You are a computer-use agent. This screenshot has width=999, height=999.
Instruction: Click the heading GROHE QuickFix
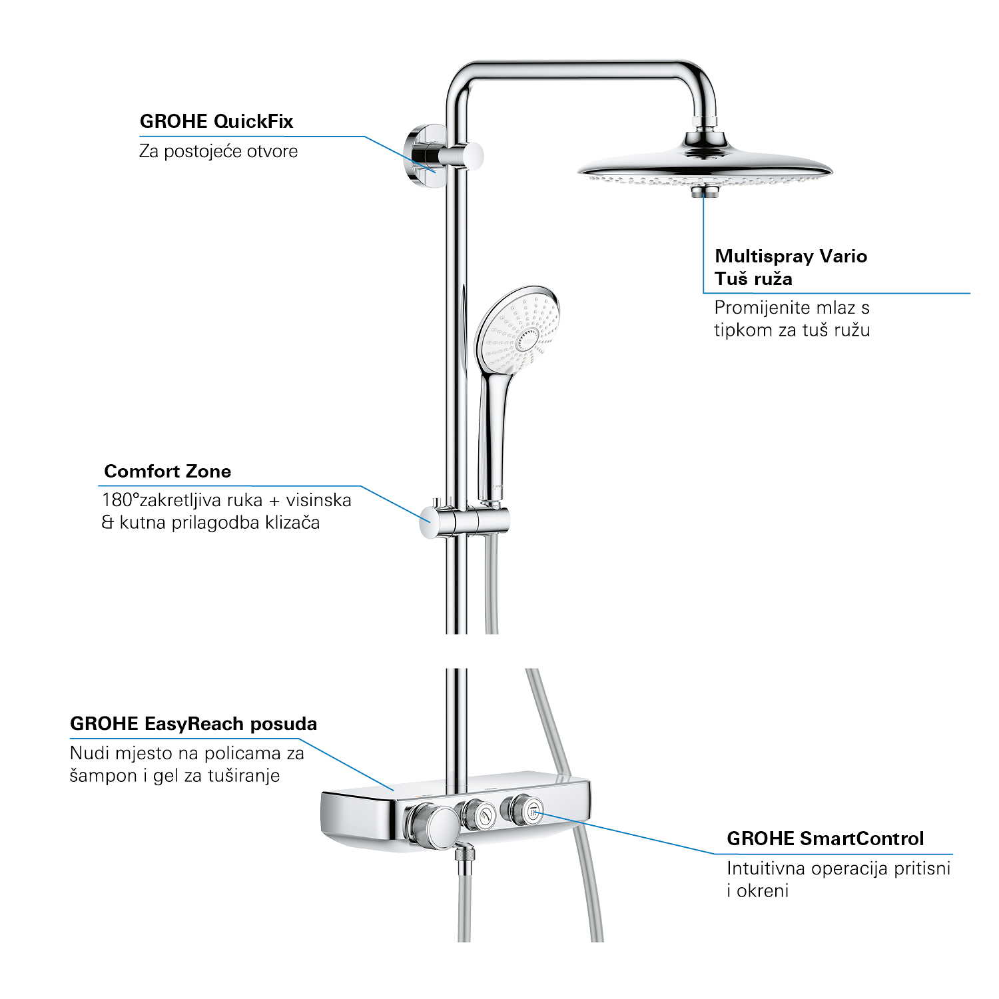pos(216,122)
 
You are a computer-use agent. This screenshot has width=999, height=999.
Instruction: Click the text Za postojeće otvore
pos(218,152)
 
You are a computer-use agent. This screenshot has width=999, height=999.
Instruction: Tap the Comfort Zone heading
pos(167,472)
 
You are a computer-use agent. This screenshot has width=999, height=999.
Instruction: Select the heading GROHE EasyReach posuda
pos(193,724)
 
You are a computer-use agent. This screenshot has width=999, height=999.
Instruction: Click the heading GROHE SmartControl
pos(825,838)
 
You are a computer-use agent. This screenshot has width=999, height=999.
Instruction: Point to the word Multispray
pos(764,256)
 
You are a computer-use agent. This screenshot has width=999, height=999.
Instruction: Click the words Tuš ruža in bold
pos(753,279)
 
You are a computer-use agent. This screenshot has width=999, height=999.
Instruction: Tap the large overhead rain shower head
pos(705,166)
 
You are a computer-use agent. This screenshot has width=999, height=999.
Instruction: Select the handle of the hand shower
pos(494,426)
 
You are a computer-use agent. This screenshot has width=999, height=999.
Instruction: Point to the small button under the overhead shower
pos(703,192)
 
